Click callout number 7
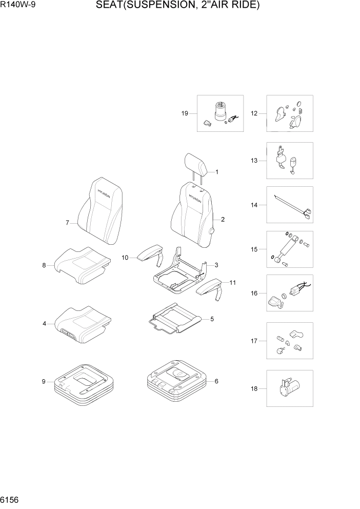[x=67, y=223]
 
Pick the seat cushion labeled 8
[x=82, y=264]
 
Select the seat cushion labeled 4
[x=82, y=323]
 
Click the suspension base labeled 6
[x=177, y=382]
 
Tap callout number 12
[x=254, y=113]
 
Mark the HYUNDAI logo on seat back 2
[x=195, y=198]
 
